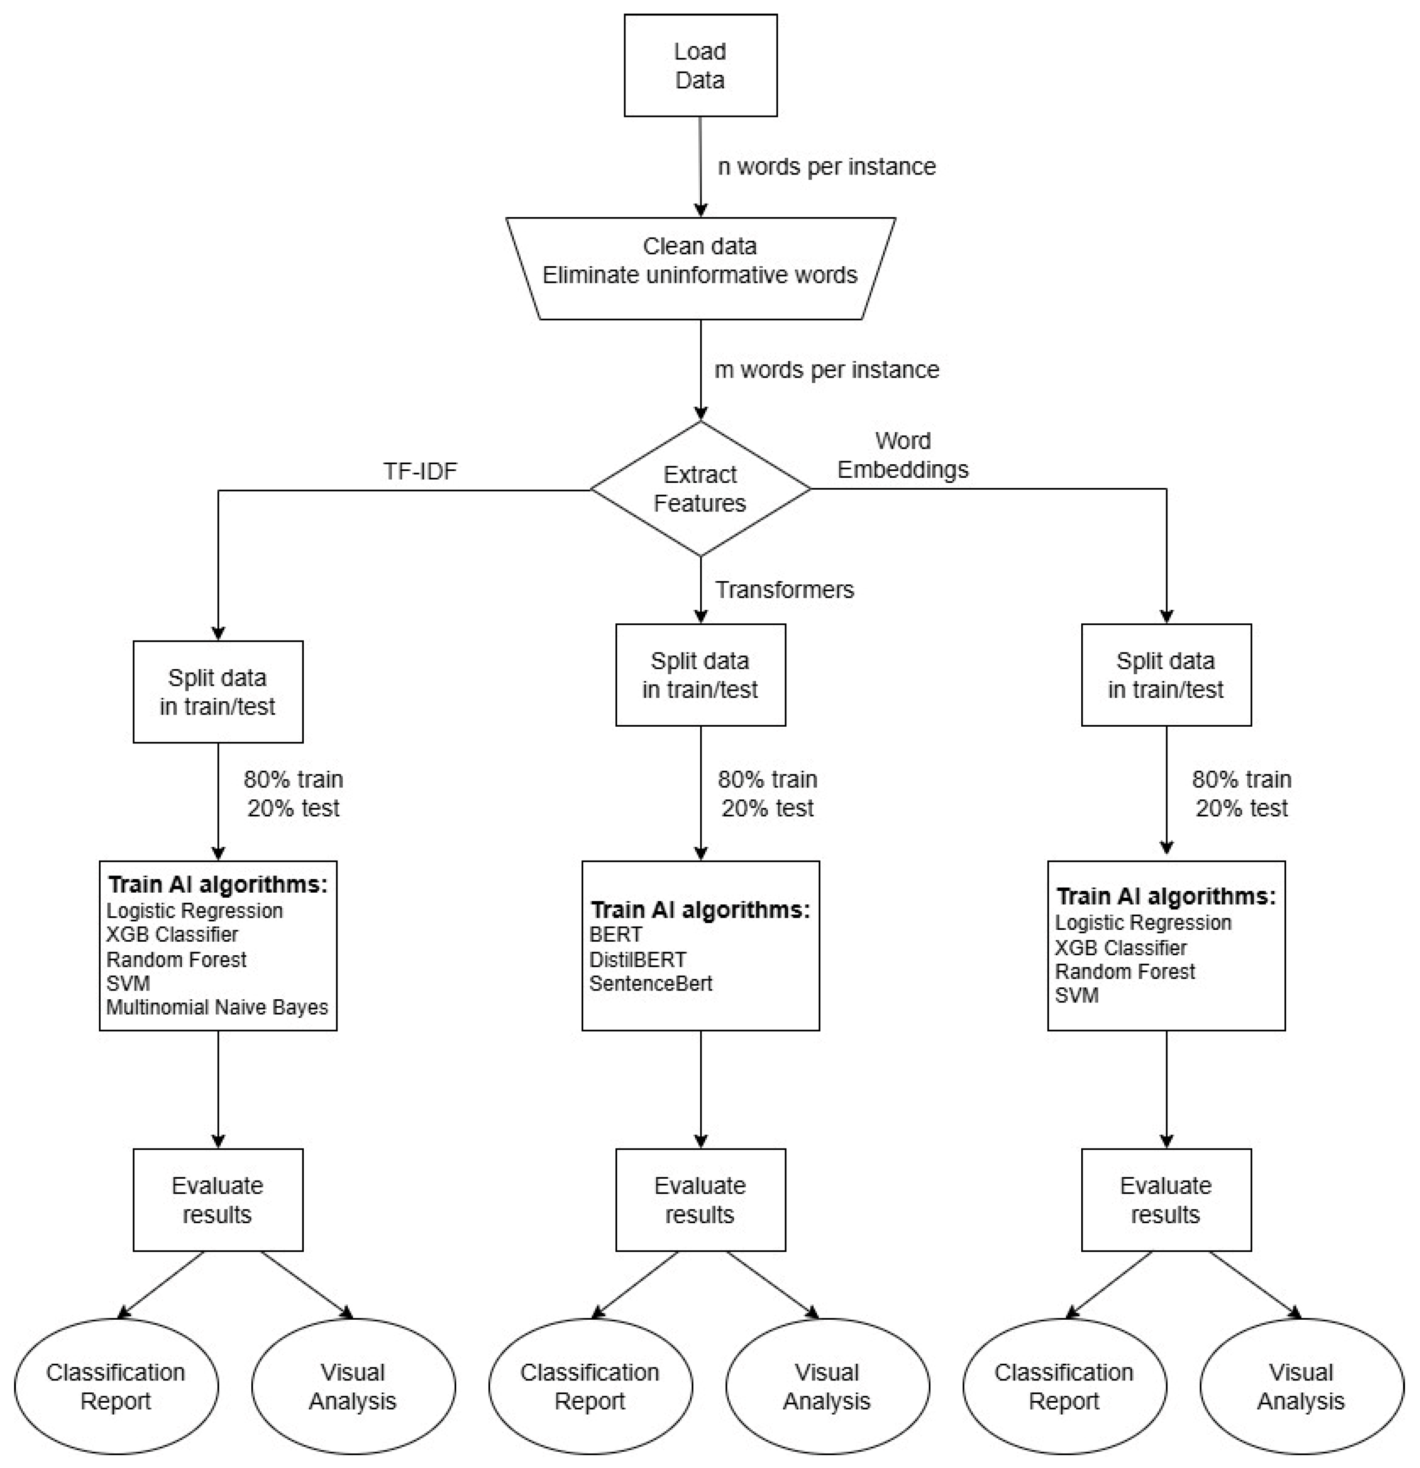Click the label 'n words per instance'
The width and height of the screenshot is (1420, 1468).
[x=826, y=166]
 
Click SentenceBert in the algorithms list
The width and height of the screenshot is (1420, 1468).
[x=650, y=983]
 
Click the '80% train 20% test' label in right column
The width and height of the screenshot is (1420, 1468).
[x=1242, y=793]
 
